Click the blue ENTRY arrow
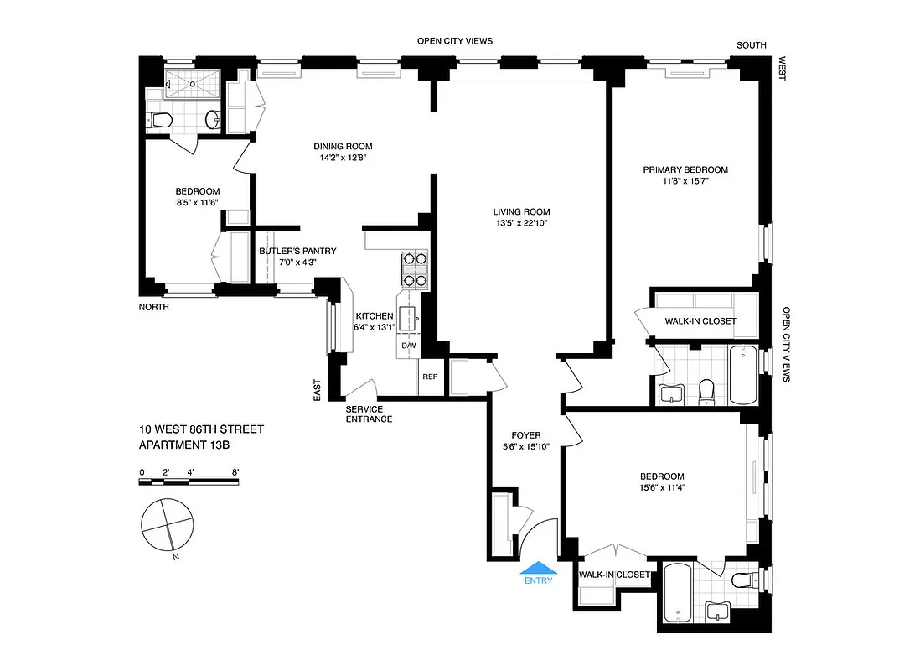point(537,568)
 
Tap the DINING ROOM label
point(337,146)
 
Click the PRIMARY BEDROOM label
point(685,169)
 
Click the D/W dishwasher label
point(409,346)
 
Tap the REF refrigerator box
point(430,377)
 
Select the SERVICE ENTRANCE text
point(369,414)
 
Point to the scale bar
point(190,481)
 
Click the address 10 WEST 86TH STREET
point(202,429)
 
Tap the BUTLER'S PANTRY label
point(286,251)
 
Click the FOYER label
point(526,435)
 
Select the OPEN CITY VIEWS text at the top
point(455,40)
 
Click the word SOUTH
point(751,45)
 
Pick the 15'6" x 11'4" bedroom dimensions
point(660,487)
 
